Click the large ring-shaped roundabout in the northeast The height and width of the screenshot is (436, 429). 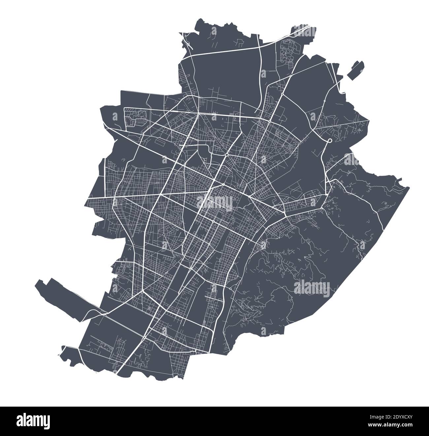point(329,141)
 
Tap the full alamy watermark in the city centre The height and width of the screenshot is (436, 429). point(215,201)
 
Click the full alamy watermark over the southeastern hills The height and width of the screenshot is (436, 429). point(312,286)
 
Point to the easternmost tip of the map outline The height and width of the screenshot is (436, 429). point(409,187)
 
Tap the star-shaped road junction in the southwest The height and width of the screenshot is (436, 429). point(142,291)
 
